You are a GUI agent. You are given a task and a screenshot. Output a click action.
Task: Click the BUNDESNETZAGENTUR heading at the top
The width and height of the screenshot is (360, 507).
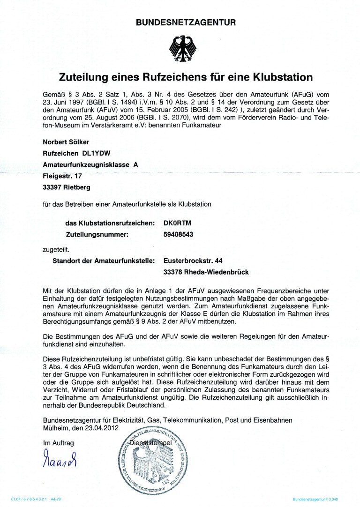coord(186,22)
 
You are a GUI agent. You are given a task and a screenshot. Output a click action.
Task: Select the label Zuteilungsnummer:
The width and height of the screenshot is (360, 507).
coord(94,234)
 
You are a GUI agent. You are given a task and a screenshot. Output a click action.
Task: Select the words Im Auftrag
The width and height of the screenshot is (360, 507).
coord(55,442)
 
